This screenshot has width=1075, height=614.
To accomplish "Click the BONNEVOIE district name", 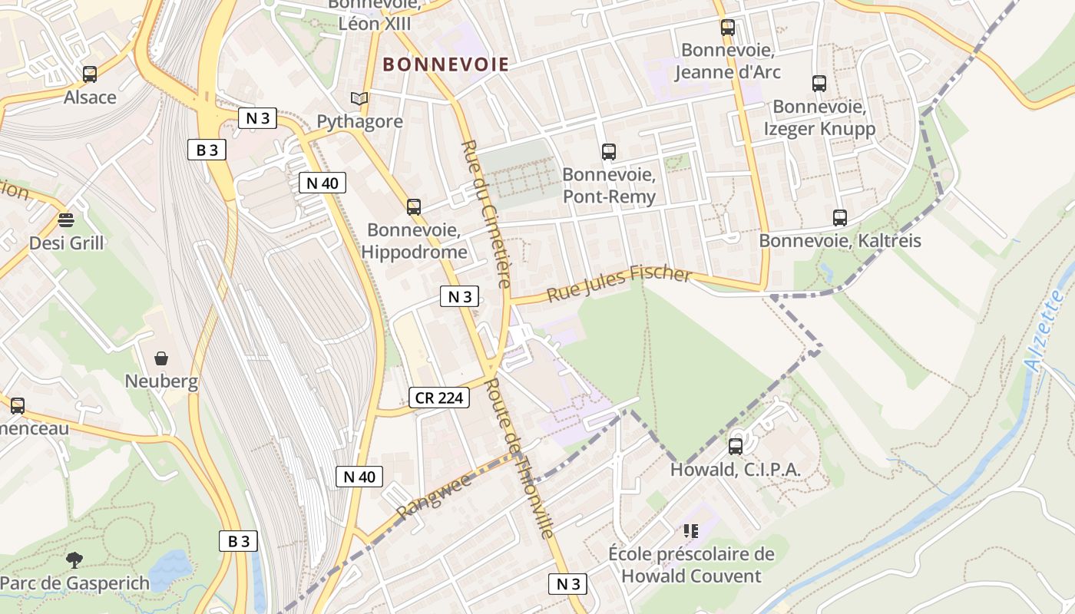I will pos(445,64).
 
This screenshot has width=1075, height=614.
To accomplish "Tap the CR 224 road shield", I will pos(438,398).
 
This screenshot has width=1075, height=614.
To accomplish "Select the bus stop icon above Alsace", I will pos(90,74).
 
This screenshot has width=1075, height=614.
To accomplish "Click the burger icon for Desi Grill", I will pos(66,220).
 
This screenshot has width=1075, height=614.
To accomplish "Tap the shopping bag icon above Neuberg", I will pos(161,358).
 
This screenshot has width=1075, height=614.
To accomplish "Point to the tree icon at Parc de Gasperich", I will pos(74,560).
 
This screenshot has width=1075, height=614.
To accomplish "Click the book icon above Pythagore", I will pos(359,98).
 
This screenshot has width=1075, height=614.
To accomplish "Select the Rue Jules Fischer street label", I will pos(619,282).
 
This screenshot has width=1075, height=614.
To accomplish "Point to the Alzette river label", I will pos(1046,330).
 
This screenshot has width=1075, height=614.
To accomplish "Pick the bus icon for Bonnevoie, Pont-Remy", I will pos(609,152).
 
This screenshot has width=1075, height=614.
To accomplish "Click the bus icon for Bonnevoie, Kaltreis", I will pos(840,218).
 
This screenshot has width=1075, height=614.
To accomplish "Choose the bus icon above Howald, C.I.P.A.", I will pos(736,446).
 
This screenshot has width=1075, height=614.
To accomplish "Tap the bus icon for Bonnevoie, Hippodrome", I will pos(414,206).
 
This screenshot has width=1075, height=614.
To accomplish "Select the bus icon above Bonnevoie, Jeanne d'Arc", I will pos(728,28).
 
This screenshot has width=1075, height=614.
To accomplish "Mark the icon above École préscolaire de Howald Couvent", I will pos(691,530).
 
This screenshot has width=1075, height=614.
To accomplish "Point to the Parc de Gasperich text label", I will pos(75,583).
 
